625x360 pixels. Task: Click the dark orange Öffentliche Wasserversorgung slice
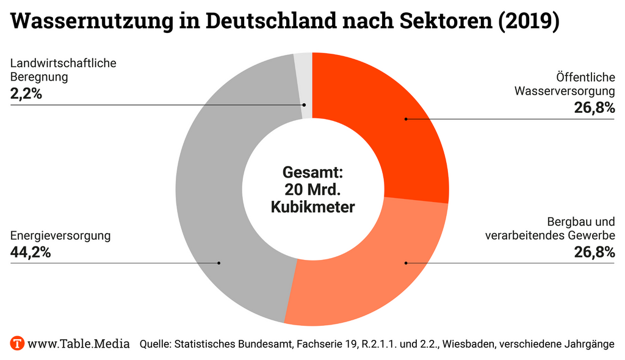tap(391, 122)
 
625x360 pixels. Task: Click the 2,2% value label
tap(26, 94)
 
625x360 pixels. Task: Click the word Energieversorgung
tap(60, 236)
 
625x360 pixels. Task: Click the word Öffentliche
tap(585, 77)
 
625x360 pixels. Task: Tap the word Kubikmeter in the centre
tap(312, 207)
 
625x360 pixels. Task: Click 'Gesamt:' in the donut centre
tap(312, 171)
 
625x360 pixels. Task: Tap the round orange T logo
tap(17, 343)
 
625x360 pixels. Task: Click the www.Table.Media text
tap(79, 344)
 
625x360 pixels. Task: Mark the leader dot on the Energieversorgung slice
tap(219, 263)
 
